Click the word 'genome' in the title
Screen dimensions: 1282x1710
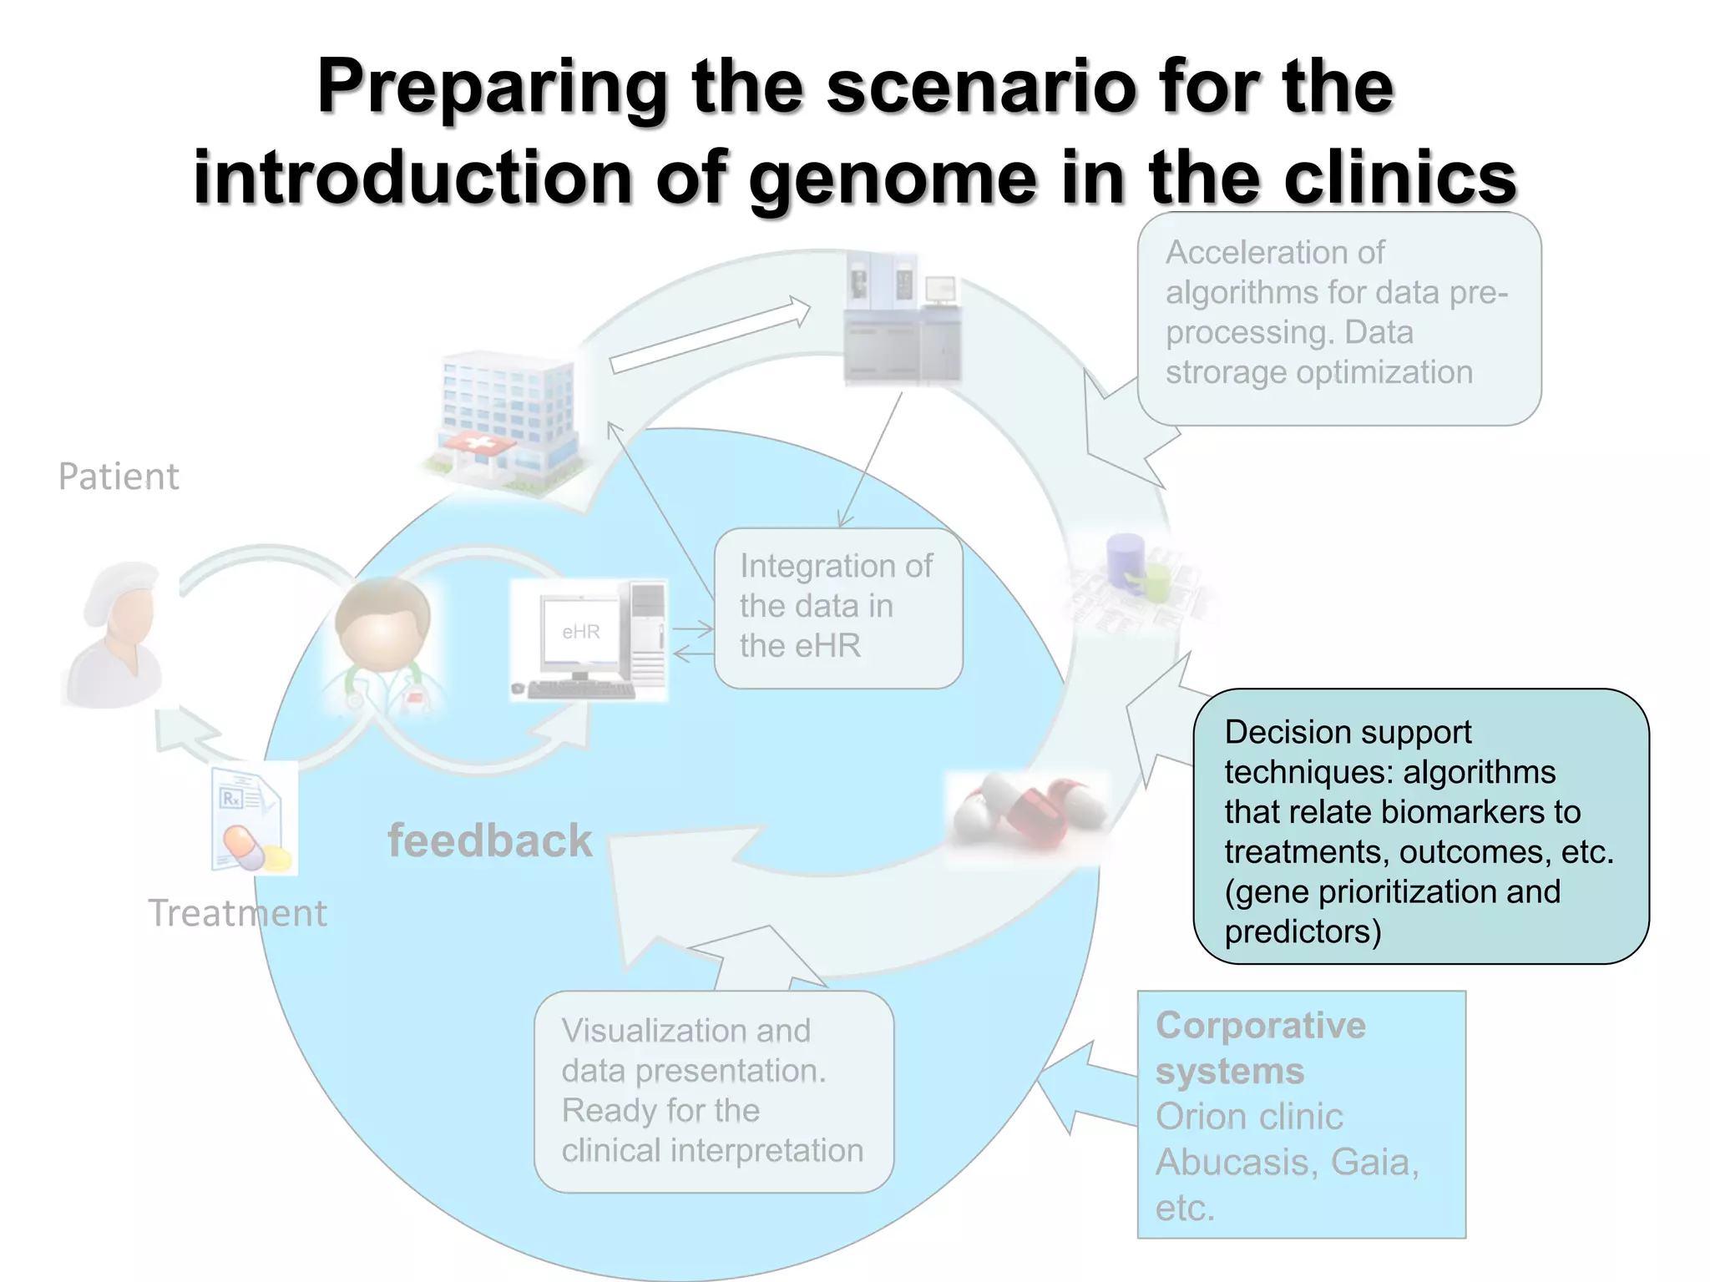(892, 179)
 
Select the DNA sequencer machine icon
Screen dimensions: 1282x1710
(902, 321)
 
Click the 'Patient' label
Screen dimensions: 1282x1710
(119, 477)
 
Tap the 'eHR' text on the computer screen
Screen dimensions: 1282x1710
(581, 632)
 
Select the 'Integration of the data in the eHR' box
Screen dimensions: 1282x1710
(838, 608)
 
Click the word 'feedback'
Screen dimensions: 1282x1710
(490, 840)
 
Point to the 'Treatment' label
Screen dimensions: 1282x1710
(238, 913)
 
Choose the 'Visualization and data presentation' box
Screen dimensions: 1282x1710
(713, 1091)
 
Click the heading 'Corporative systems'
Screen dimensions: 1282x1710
(1259, 1047)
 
